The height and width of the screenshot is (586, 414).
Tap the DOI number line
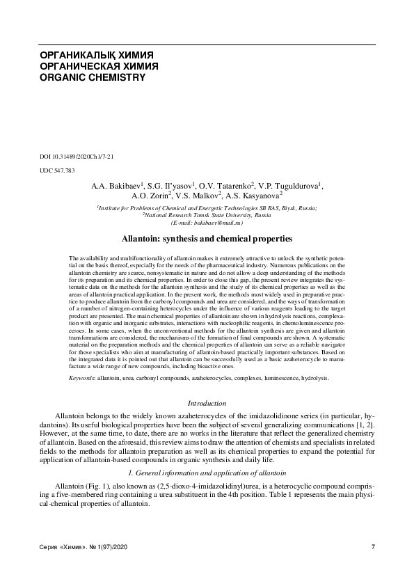tap(77, 157)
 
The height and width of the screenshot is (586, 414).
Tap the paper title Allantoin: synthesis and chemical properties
tap(207, 239)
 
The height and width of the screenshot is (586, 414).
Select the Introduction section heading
tap(207, 403)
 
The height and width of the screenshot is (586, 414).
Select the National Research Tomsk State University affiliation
tap(207, 216)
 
